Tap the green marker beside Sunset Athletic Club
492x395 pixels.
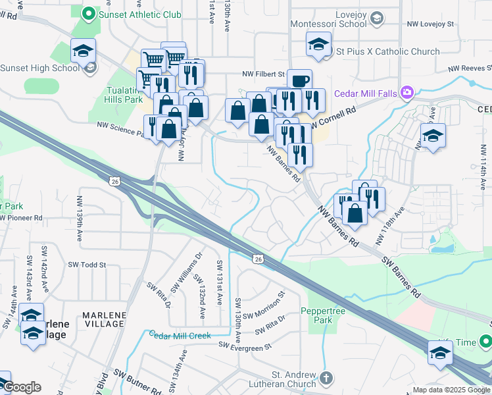click(x=88, y=13)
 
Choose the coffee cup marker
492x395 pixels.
click(x=299, y=80)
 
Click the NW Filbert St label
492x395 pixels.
click(x=261, y=74)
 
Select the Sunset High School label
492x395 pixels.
click(x=39, y=67)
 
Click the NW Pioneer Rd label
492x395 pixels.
click(x=21, y=217)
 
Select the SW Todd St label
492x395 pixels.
click(x=87, y=265)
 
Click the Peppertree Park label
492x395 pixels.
click(x=323, y=315)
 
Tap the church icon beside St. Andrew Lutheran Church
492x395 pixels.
click(x=327, y=379)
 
